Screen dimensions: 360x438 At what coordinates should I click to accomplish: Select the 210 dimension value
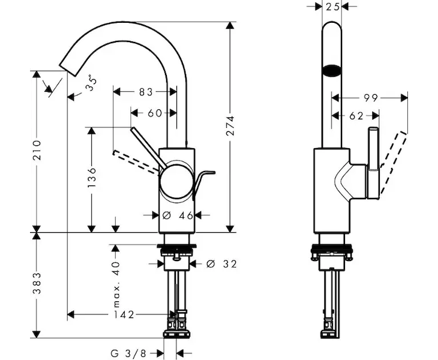[37, 151]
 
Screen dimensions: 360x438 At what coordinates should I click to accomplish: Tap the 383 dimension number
[37, 283]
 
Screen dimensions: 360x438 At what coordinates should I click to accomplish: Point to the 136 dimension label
[91, 178]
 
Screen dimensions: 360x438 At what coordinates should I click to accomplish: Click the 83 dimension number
[146, 92]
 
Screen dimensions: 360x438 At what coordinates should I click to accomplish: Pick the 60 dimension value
[154, 113]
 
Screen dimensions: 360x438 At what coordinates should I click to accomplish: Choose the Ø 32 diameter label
[220, 263]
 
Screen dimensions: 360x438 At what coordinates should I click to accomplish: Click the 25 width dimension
[332, 6]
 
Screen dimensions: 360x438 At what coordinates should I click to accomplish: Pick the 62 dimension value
[356, 116]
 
